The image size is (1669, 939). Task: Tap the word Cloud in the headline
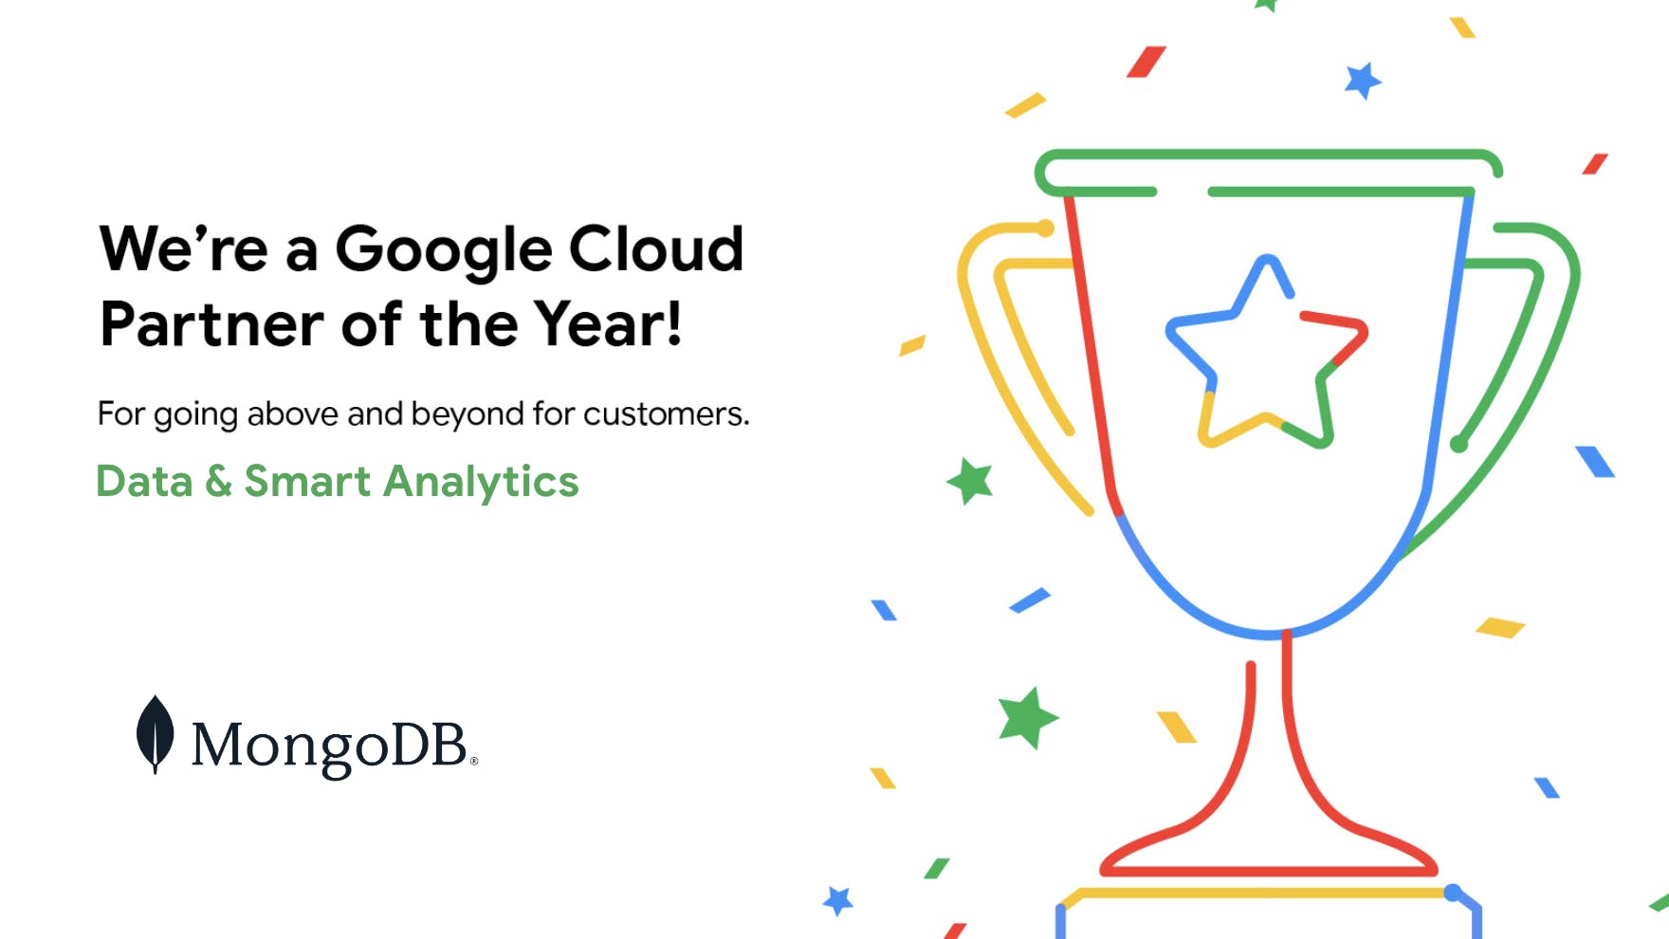coord(655,248)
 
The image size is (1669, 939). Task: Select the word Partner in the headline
coord(211,324)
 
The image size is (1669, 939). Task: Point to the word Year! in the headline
coord(607,323)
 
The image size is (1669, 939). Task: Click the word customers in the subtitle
coord(666,414)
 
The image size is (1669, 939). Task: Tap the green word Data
coord(144,481)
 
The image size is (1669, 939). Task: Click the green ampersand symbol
coord(218,481)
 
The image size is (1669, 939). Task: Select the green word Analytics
coord(481,483)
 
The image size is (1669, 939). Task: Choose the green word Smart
coord(307,481)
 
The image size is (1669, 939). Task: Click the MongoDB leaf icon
coord(155,734)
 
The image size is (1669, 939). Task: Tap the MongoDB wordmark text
coord(334,746)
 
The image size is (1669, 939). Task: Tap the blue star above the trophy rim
coord(1363,81)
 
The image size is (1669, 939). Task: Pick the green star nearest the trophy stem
coord(1027,717)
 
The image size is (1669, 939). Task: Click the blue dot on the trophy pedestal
coord(1452,893)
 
